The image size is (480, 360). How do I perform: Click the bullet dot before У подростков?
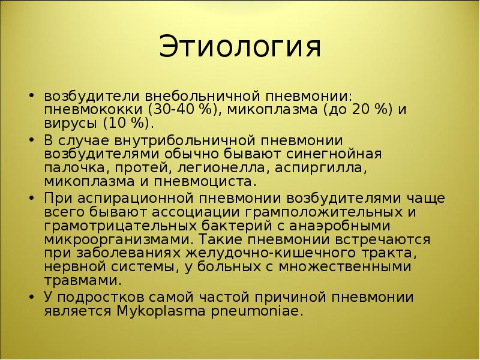click(31, 297)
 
